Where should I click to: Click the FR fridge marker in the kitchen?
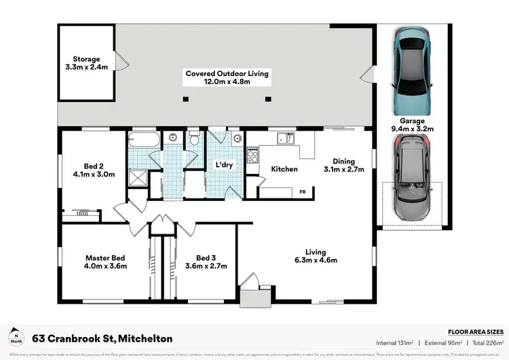[x=302, y=192]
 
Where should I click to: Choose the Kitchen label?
[x=284, y=168]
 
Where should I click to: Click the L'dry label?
[x=225, y=165]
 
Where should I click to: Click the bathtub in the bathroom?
[x=144, y=142]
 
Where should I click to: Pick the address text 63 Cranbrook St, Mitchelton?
[x=102, y=338]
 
